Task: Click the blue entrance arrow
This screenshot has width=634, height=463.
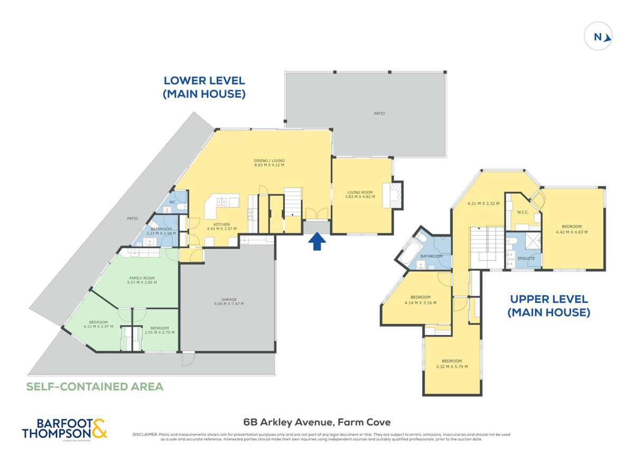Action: point(316,242)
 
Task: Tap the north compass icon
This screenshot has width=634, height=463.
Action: point(598,37)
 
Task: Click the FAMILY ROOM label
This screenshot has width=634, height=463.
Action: point(142,278)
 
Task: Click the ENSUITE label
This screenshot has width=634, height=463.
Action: point(526,258)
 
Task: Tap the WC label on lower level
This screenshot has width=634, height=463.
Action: point(172,202)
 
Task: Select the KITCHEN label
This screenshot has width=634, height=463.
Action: point(221,224)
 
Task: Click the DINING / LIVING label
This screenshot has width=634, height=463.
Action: point(269,160)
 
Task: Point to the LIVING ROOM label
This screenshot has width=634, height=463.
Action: point(360,192)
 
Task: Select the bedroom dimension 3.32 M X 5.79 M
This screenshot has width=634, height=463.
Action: point(452,366)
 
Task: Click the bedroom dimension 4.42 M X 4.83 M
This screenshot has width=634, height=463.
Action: point(572,231)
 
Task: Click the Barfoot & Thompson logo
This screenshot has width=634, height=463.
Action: point(64,428)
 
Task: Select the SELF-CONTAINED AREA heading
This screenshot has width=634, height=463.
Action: point(95,386)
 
